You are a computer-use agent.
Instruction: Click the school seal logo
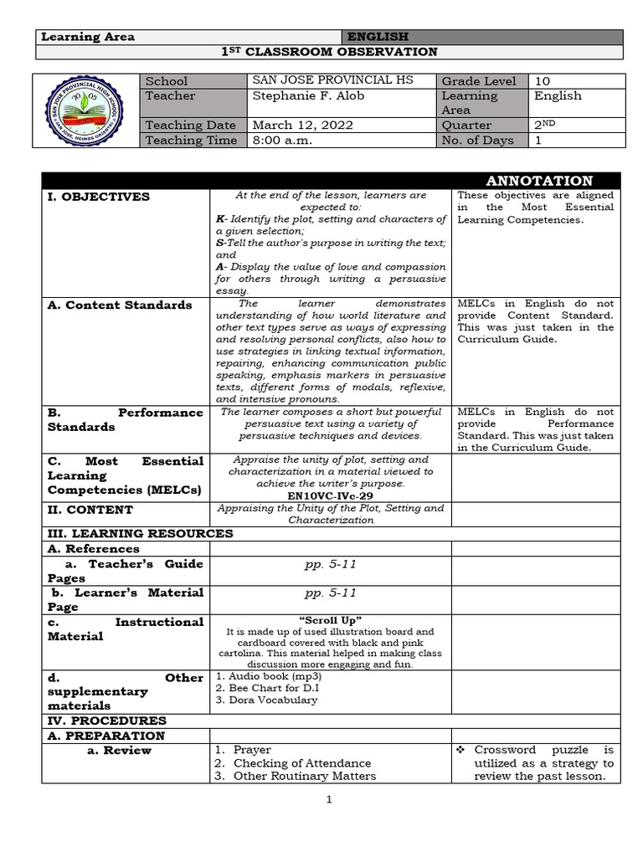tap(88, 110)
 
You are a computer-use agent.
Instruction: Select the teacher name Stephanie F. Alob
tap(308, 96)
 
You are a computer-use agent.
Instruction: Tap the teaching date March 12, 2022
tap(302, 126)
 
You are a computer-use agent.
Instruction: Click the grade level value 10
tap(543, 81)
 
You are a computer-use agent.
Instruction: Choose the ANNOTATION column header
tap(539, 181)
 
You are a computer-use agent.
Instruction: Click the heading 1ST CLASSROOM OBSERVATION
tap(329, 52)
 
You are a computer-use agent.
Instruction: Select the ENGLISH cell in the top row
tap(378, 37)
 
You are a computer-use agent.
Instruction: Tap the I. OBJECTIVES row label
tap(99, 197)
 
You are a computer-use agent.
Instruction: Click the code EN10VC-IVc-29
tap(330, 495)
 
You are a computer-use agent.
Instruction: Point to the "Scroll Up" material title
tap(330, 619)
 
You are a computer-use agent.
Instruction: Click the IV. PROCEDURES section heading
tap(106, 721)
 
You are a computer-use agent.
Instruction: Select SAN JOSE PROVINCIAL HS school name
tap(333, 81)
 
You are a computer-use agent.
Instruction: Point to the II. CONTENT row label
tap(90, 510)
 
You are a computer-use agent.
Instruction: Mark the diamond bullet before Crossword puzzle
tap(462, 751)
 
